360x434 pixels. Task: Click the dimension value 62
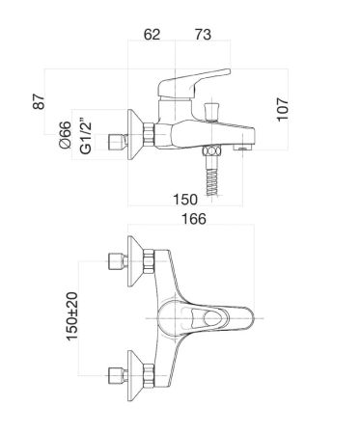point(152,35)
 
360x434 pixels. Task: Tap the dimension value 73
point(203,35)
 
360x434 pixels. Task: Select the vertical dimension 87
point(40,101)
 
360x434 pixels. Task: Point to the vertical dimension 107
point(283,109)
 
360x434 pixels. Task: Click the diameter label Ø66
point(65,135)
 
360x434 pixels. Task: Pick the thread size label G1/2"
point(86,138)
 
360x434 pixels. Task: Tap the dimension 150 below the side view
point(185,200)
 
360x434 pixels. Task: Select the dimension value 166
point(194,219)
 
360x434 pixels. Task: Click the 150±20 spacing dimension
point(72,316)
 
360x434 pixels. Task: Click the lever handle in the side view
point(194,84)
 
